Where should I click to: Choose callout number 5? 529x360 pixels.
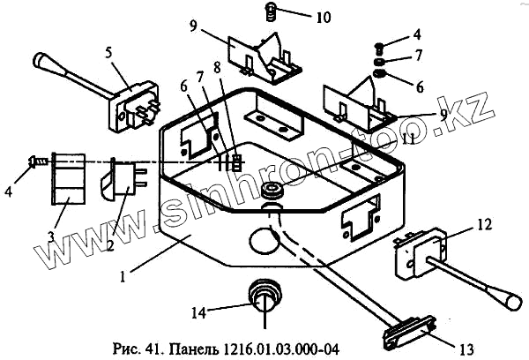[x=109, y=52]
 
